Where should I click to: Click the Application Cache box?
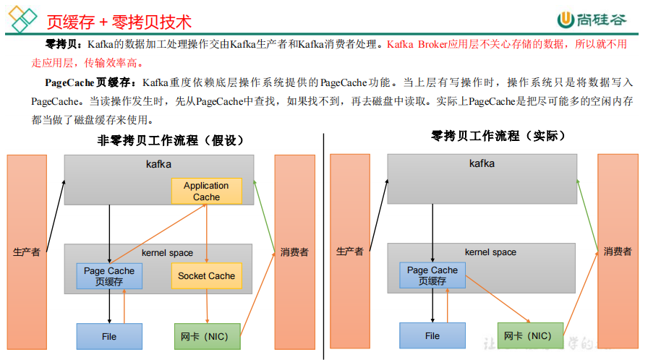[x=206, y=191]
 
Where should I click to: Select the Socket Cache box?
[x=206, y=275]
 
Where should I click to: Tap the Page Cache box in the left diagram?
[x=109, y=275]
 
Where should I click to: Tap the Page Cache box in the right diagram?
[x=432, y=275]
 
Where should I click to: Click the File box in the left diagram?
[x=109, y=336]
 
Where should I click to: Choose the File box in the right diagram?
[x=432, y=336]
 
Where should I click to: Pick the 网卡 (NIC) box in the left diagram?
[x=206, y=336]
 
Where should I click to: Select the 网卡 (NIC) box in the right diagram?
[x=529, y=336]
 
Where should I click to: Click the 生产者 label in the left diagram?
[x=27, y=252]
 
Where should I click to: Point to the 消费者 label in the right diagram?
[x=618, y=252]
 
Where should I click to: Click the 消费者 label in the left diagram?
[x=294, y=252]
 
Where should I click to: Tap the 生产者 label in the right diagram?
[x=350, y=252]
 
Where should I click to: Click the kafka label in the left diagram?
[x=158, y=164]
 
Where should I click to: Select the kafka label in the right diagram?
[x=482, y=163]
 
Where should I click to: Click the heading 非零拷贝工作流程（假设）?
[x=171, y=140]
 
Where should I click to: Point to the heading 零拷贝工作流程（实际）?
[x=498, y=135]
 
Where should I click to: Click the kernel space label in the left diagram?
[x=167, y=253]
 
